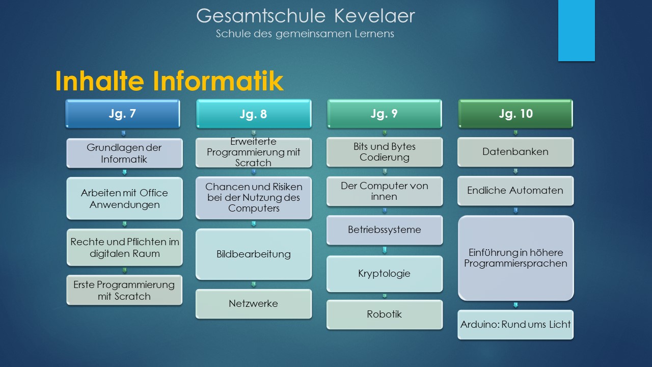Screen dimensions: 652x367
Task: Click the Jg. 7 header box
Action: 123,114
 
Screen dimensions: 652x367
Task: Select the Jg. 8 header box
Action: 254,114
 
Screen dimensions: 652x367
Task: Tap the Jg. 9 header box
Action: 385,114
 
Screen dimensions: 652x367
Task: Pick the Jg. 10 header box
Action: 515,114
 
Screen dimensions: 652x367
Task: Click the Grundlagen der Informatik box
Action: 125,153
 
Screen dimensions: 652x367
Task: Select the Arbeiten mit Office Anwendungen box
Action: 125,198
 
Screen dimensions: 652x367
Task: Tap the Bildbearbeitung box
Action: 254,254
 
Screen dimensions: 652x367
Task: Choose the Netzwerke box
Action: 254,304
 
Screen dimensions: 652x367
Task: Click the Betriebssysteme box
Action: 385,230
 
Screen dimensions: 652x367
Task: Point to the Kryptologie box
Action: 385,274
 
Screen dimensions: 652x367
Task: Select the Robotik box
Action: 385,314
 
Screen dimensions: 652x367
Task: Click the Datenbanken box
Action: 515,152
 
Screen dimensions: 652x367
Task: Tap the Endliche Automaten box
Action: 515,191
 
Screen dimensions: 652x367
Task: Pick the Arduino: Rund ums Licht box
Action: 515,325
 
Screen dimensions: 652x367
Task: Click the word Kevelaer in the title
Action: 374,16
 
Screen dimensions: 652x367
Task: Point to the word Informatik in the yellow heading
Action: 218,81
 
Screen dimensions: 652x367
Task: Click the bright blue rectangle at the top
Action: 576,30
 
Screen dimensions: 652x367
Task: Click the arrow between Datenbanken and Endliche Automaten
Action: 515,171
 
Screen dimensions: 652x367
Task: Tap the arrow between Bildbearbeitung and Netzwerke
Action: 254,284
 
